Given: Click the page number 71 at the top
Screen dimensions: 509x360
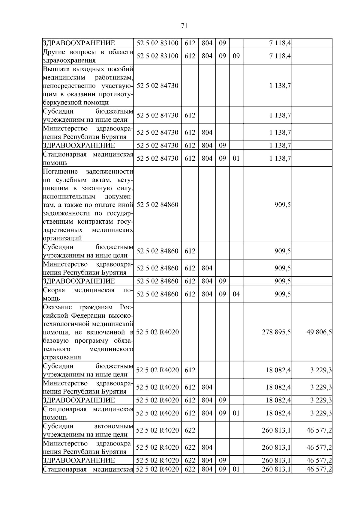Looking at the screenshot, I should click(184, 26).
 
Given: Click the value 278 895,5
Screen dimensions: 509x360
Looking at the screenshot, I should click(276, 332).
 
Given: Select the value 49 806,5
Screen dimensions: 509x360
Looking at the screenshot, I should click(319, 332).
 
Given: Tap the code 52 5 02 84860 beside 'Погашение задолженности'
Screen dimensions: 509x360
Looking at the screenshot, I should click(157, 205).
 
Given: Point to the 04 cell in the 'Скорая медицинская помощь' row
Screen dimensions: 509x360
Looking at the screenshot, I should click(236, 294).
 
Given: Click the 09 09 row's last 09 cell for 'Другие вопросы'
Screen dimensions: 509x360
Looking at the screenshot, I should click(236, 56).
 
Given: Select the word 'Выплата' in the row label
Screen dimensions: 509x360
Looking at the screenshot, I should click(56, 69).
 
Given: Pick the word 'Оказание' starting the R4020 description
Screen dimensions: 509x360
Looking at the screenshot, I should click(57, 307).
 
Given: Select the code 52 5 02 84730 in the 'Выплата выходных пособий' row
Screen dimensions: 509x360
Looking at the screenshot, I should click(157, 86).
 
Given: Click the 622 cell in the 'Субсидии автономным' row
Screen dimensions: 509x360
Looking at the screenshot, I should click(190, 430).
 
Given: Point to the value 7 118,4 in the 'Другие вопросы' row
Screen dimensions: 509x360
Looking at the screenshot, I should click(280, 56).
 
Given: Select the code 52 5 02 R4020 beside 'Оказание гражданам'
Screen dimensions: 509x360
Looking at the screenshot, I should click(157, 332).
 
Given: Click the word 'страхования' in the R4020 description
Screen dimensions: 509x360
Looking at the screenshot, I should click(62, 358).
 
